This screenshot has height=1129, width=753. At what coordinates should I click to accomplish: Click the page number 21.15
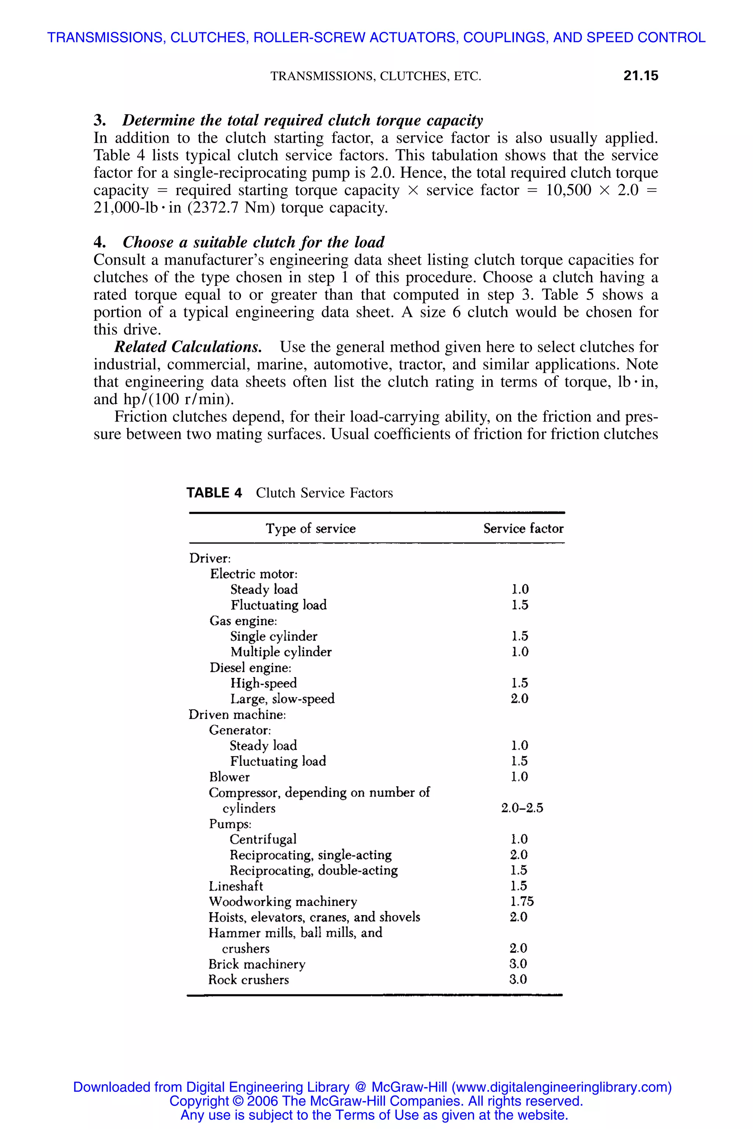[x=640, y=76]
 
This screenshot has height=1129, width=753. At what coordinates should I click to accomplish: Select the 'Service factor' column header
[x=523, y=528]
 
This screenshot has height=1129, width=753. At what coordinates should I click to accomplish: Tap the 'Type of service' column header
[x=311, y=528]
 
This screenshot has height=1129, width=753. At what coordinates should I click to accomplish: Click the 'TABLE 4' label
[x=214, y=493]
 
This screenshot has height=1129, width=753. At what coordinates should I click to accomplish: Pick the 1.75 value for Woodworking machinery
[x=521, y=902]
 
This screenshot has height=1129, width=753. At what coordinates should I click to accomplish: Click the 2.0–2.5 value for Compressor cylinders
[x=522, y=808]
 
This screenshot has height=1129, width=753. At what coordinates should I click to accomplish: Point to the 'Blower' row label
[x=229, y=777]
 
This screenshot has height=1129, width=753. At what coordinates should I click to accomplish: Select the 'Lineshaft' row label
[x=236, y=886]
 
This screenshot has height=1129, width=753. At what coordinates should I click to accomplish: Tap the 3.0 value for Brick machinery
[x=518, y=964]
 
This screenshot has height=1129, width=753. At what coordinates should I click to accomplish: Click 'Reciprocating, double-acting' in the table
[x=314, y=870]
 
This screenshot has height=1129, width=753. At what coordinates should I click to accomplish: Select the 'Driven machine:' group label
[x=237, y=714]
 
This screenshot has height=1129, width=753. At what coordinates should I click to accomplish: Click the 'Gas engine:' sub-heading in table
[x=243, y=621]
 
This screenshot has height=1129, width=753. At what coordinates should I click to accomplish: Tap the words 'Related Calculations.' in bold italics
[x=188, y=347]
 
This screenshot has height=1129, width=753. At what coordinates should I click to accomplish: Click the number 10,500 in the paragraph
[x=568, y=190]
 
